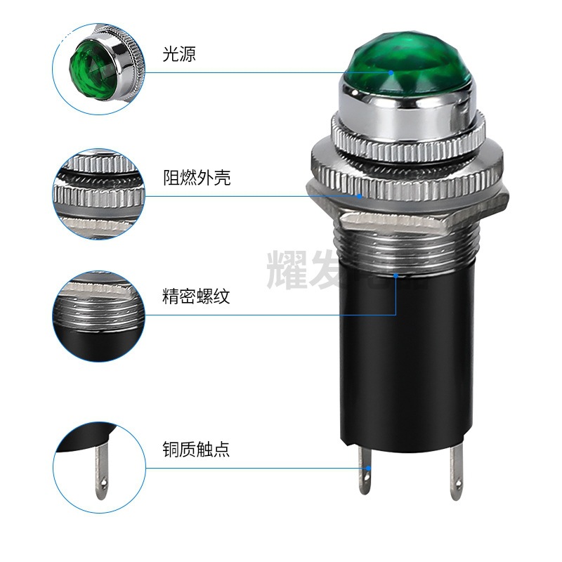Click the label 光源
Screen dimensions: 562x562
[x=178, y=54]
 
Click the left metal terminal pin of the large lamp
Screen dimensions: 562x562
[x=365, y=471]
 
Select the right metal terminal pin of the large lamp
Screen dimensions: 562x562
[x=455, y=471]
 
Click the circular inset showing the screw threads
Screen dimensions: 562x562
[x=98, y=315]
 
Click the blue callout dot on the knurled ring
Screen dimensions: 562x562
[x=360, y=195]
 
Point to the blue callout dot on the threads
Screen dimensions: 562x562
[x=396, y=276]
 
